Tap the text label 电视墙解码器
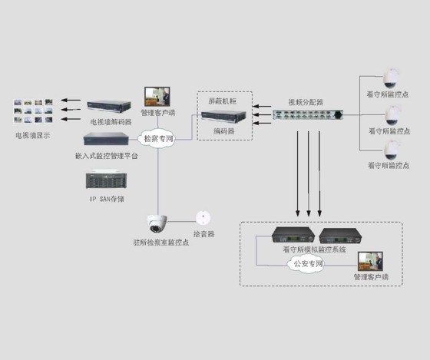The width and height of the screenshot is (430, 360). coord(111,121)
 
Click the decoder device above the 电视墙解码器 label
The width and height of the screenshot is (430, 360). coord(111,106)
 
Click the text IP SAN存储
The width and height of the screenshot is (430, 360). coord(107,199)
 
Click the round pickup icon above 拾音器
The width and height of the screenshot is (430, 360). coord(202,217)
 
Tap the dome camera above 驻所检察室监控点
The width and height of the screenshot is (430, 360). coord(157,223)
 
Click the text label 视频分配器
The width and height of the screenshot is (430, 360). coord(305,101)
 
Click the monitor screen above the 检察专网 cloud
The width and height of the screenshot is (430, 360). coord(159,95)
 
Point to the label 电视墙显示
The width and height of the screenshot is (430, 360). coord(32,136)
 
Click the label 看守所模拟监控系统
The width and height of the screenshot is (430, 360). coord(314,249)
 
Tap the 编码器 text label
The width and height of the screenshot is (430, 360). coord(223,131)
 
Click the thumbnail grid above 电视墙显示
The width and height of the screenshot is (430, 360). coord(32,111)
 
